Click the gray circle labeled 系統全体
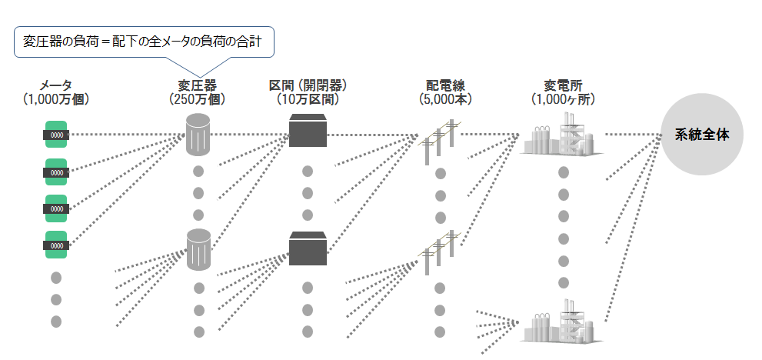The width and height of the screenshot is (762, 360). click(702, 135)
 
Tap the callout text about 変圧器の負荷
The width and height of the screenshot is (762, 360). click(143, 42)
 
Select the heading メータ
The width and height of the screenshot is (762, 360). click(56, 86)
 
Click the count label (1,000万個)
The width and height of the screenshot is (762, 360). click(56, 99)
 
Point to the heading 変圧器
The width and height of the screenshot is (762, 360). click(198, 86)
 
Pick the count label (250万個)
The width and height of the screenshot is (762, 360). click(198, 99)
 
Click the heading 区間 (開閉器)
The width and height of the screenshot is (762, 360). click(308, 86)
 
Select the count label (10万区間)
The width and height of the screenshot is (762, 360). click(308, 99)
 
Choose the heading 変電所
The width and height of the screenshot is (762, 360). click(564, 86)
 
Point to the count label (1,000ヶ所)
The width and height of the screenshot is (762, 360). click(564, 99)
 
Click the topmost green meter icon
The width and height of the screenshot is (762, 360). click(56, 135)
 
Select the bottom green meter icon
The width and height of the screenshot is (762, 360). click(56, 245)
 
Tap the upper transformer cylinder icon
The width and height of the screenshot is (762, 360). click(198, 135)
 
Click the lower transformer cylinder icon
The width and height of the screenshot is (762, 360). click(199, 249)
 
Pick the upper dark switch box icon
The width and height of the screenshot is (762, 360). click(308, 130)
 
